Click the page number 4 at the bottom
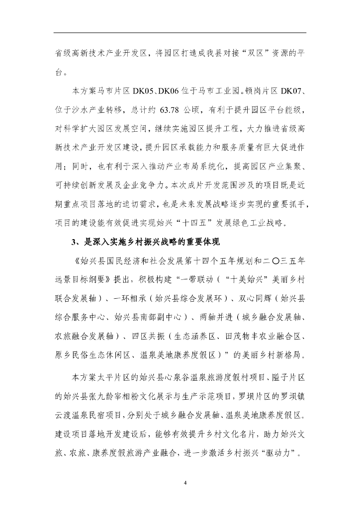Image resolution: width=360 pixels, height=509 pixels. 185,482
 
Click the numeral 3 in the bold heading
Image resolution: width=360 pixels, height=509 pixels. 74,242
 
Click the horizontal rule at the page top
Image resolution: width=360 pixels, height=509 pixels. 180,33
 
